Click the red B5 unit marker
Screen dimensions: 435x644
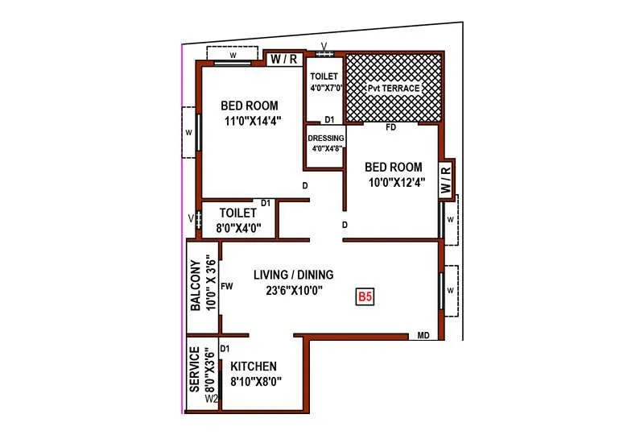[x=365, y=297]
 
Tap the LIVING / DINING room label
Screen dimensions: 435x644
[x=293, y=274]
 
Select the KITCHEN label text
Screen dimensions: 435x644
[x=254, y=366]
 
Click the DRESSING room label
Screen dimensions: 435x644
[x=326, y=138]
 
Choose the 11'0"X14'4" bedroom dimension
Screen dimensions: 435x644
[x=250, y=122]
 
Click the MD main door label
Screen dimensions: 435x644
[x=423, y=335]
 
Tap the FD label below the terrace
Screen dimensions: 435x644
[x=391, y=127]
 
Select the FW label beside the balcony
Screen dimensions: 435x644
[x=227, y=285]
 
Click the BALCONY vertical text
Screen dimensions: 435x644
[x=195, y=285]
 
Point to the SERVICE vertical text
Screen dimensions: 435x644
[x=195, y=370]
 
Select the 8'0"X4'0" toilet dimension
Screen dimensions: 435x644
[x=239, y=228]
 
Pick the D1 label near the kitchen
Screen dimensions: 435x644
[x=225, y=348]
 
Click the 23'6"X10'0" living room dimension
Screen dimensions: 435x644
[x=293, y=291]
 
